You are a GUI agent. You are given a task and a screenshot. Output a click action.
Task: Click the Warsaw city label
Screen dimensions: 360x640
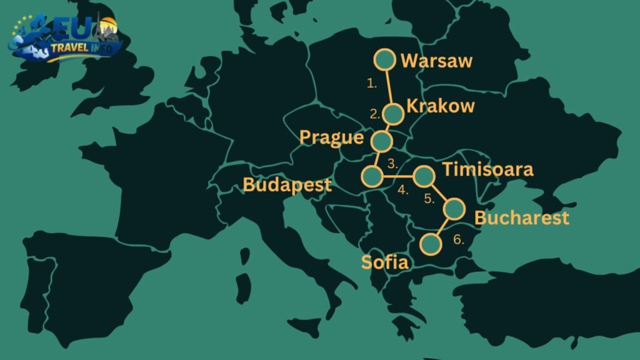(436, 61)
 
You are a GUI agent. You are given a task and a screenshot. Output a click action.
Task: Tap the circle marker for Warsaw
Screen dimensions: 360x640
(384, 60)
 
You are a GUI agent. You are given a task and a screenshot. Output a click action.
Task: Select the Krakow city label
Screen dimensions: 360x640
(440, 106)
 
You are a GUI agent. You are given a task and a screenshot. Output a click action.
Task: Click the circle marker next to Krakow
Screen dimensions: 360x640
(393, 114)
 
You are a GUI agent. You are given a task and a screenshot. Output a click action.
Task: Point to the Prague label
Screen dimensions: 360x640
(331, 137)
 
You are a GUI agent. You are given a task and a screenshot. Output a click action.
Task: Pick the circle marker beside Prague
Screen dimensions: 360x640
(381, 139)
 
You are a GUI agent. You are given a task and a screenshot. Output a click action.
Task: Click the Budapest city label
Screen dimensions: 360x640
(287, 186)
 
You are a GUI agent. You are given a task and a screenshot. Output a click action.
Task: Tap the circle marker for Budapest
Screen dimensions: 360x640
(372, 176)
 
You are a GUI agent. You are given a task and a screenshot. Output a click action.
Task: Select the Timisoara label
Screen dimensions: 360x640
(487, 170)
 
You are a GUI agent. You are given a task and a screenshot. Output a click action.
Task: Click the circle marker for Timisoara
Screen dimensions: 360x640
(424, 176)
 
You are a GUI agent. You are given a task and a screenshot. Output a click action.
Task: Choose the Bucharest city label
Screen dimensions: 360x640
(522, 218)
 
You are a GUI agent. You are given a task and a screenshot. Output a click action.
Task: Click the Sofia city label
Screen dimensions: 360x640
(384, 262)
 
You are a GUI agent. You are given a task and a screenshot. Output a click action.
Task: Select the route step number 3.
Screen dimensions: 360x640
(393, 165)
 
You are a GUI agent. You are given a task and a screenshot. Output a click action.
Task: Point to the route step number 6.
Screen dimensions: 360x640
(458, 239)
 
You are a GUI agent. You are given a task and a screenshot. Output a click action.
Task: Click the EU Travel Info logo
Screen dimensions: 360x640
(66, 39)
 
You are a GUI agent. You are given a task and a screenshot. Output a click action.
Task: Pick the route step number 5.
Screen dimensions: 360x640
(429, 200)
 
